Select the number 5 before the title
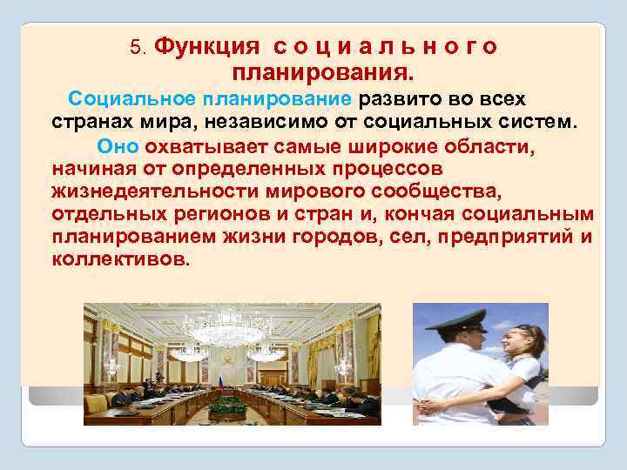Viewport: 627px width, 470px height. [x=135, y=45]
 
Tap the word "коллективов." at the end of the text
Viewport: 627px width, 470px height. [x=119, y=260]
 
